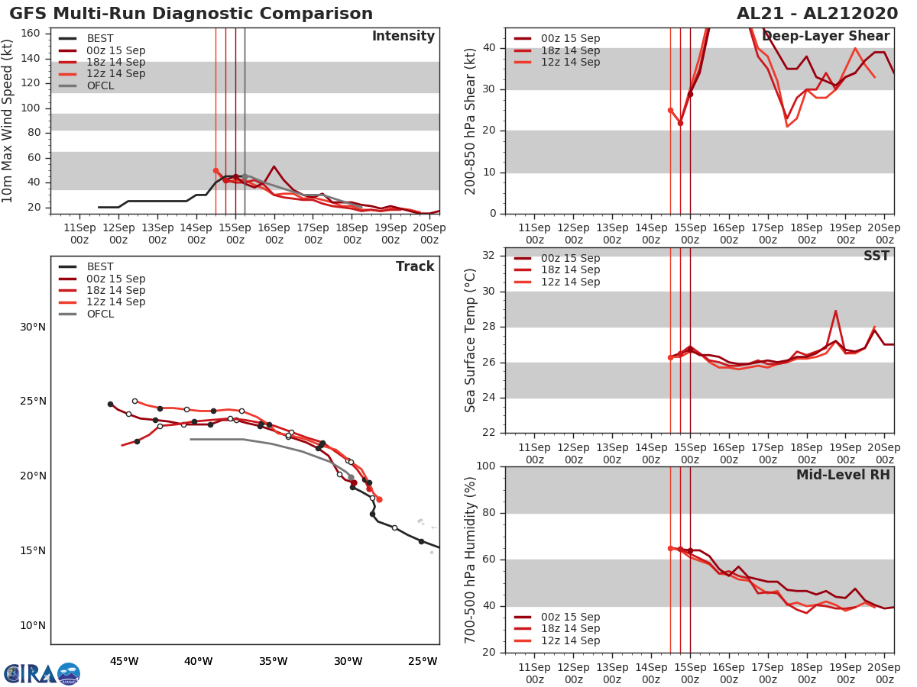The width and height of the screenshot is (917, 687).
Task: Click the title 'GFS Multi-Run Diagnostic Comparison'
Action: click(x=191, y=14)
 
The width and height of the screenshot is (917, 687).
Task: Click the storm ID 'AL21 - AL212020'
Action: click(x=817, y=14)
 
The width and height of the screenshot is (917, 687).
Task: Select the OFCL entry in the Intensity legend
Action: click(x=100, y=86)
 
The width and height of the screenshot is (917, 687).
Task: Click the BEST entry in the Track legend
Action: click(x=100, y=267)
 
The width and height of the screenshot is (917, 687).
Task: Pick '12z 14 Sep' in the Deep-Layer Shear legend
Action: click(x=570, y=63)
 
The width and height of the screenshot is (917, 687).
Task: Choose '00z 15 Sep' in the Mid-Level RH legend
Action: click(x=570, y=618)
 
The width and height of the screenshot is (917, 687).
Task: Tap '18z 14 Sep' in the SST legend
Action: click(x=570, y=270)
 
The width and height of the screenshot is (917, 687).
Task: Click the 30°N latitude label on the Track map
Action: click(x=32, y=327)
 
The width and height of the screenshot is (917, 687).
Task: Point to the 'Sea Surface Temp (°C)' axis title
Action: click(x=471, y=340)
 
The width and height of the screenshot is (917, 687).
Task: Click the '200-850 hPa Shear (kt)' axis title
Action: click(x=471, y=121)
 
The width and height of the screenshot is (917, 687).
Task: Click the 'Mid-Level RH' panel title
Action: click(x=842, y=476)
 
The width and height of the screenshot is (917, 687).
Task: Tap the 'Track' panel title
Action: click(x=414, y=267)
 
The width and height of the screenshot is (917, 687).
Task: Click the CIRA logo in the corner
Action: click(x=42, y=674)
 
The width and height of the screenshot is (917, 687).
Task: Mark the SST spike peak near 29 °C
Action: click(x=835, y=311)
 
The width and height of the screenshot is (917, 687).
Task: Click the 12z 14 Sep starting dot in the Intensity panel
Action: click(x=215, y=171)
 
